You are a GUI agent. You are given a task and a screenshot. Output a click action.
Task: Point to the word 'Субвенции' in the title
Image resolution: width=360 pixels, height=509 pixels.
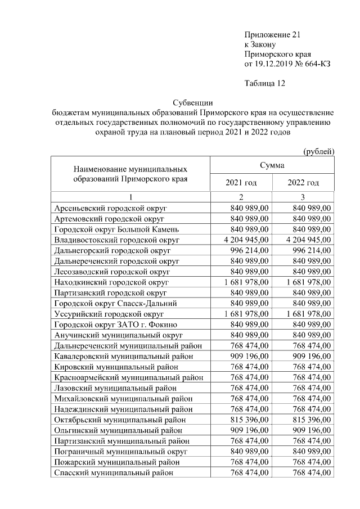[x=192, y=102]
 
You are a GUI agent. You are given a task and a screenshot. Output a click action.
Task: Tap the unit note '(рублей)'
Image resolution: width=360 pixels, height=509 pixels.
[x=318, y=151]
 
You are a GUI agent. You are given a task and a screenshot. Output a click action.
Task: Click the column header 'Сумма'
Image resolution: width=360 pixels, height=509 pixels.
[x=272, y=165]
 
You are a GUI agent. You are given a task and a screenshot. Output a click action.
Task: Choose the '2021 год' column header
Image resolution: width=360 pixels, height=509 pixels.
[x=241, y=183]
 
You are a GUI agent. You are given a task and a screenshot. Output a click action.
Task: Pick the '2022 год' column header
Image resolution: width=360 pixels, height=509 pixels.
[x=303, y=183]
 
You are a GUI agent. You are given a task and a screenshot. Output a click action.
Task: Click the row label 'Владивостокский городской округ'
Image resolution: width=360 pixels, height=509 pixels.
[x=116, y=240]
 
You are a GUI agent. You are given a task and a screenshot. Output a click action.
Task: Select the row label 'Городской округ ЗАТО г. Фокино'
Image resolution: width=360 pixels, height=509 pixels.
[x=115, y=325]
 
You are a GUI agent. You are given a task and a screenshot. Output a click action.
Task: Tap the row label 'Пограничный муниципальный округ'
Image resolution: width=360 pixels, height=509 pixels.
[x=120, y=452]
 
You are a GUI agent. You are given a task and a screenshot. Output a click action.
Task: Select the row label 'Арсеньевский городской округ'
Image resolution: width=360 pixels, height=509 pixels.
[x=110, y=208]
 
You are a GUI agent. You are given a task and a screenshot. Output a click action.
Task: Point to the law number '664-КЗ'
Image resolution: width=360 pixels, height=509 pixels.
[x=317, y=65]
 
